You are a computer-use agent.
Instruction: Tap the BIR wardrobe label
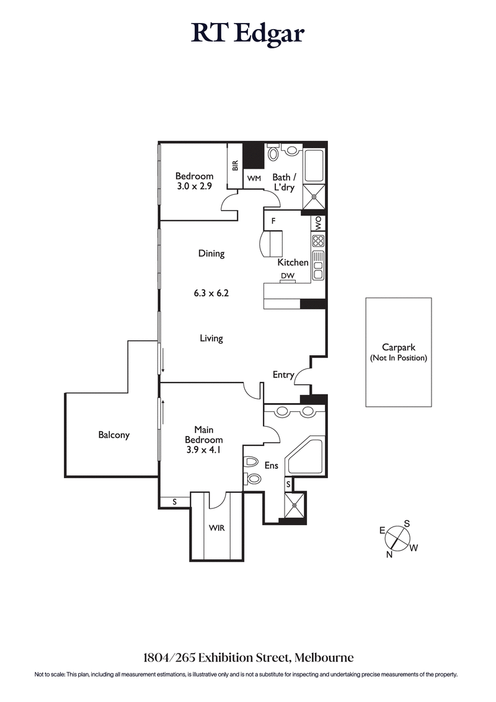235,166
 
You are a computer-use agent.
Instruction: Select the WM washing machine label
254,179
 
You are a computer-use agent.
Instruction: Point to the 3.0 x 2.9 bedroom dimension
194,187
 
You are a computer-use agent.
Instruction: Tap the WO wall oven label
319,223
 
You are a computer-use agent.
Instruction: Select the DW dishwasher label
286,275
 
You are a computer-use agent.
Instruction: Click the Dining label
211,253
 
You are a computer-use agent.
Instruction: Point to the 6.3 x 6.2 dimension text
211,293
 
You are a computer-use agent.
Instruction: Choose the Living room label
211,338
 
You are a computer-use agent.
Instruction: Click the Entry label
283,375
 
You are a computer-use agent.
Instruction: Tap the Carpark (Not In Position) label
398,353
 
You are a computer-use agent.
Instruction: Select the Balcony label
114,435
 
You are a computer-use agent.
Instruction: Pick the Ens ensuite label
272,465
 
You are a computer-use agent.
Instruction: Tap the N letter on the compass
389,554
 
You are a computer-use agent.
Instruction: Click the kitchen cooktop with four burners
318,242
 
